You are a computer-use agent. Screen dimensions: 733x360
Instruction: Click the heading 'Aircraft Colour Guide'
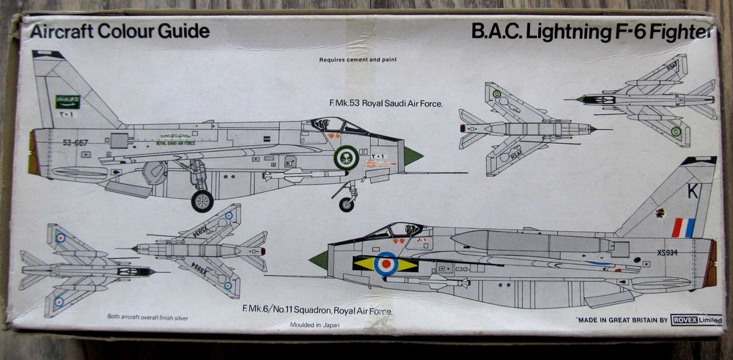114,31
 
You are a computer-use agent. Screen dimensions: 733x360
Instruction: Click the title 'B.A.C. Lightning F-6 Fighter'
593,32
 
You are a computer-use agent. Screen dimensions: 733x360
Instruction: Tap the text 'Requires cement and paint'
358,59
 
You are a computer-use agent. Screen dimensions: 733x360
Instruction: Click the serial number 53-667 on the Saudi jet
75,143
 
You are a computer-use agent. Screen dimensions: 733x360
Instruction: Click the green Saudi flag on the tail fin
68,101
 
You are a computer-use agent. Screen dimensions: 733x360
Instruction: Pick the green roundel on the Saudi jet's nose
346,156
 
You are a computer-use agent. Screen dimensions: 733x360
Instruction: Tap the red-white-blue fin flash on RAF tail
682,228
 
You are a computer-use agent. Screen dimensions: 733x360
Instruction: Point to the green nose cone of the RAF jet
319,259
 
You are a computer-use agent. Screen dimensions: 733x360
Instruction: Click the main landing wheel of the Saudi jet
202,200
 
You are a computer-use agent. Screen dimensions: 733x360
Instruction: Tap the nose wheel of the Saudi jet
347,204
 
